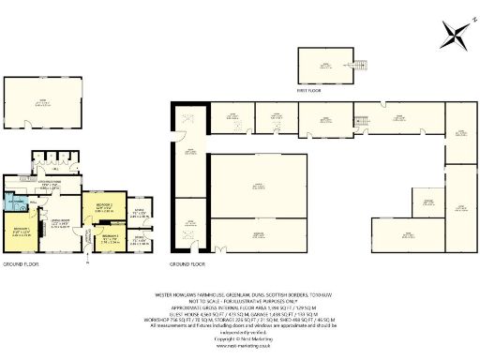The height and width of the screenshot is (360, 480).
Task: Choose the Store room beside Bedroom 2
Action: tap(140, 213)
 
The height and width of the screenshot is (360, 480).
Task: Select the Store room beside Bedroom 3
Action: tap(140, 240)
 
